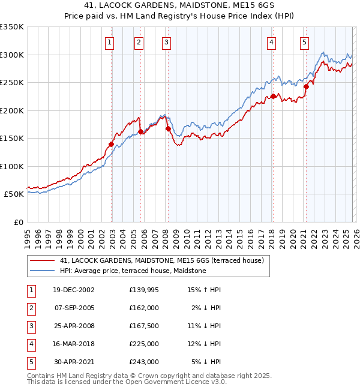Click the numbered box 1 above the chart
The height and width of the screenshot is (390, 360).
(110, 42)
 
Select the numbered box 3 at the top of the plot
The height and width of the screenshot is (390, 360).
(166, 42)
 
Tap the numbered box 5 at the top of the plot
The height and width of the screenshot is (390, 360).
(305, 42)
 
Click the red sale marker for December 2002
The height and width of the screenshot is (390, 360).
(112, 144)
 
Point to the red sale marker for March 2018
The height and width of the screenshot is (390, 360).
(273, 96)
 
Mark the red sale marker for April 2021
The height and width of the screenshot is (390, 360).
(306, 86)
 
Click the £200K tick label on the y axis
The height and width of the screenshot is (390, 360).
(12, 110)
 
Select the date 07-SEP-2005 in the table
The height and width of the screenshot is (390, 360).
(74, 308)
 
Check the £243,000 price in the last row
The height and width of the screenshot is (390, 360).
(143, 362)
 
